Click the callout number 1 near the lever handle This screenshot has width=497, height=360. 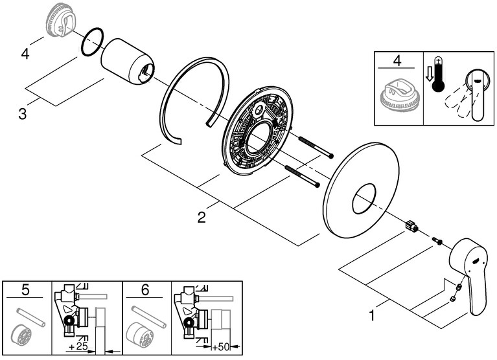pyautogui.click(x=372, y=316)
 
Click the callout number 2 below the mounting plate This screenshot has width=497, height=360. pyautogui.click(x=202, y=218)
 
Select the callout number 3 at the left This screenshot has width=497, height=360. pyautogui.click(x=22, y=115)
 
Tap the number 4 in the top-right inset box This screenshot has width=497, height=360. pyautogui.click(x=397, y=62)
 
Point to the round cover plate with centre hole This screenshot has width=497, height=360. pyautogui.click(x=360, y=188)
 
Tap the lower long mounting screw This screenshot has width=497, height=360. pyautogui.click(x=302, y=177)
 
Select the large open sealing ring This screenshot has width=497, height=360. pyautogui.click(x=194, y=97)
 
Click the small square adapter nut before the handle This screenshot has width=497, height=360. pyautogui.click(x=411, y=226)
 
